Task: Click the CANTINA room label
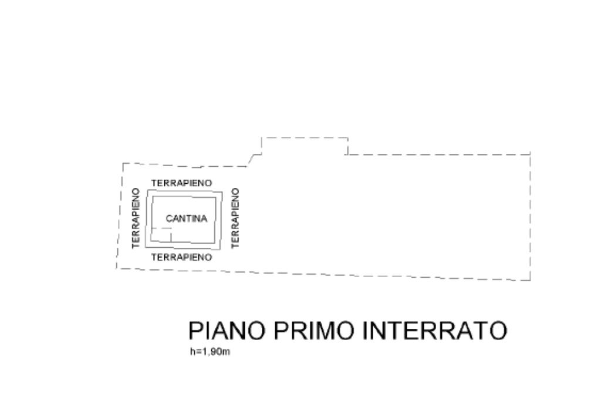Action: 187,219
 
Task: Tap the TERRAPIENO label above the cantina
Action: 181,183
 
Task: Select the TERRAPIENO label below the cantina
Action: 181,257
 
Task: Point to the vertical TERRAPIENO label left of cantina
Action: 136,218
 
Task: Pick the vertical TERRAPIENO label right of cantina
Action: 236,218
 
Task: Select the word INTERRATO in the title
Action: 434,331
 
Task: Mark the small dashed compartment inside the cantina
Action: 160,234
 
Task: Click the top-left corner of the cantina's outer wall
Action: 146,190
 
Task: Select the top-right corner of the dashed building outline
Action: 531,153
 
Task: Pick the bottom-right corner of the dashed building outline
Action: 531,280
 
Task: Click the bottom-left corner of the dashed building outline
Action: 117,268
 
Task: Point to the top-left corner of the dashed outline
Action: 123,163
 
